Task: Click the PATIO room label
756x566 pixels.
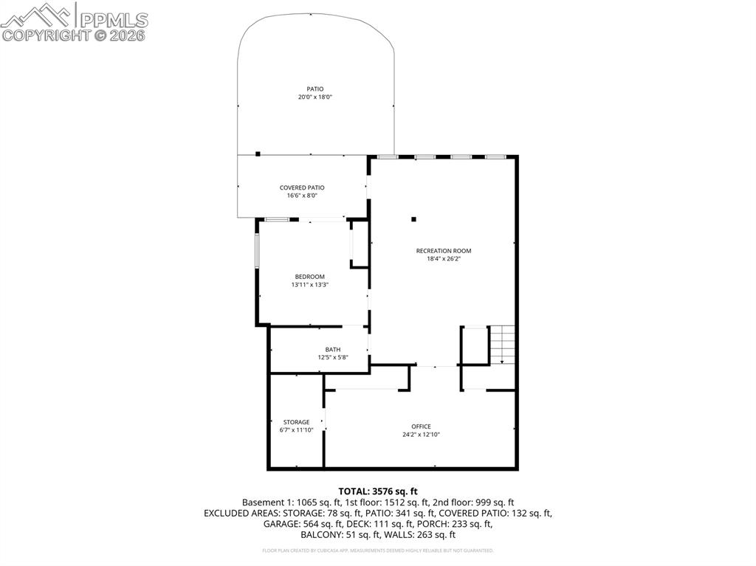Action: coord(315,89)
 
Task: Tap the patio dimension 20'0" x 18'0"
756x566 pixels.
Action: coord(315,97)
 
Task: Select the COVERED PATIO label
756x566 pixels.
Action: coord(302,187)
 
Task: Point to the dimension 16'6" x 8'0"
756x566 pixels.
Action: coord(302,196)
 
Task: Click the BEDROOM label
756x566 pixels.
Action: coord(310,277)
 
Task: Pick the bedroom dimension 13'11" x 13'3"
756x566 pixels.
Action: coord(310,285)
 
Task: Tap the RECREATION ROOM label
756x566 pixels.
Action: coord(443,251)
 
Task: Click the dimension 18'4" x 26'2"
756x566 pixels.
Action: coord(443,259)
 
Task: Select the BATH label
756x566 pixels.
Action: coord(333,350)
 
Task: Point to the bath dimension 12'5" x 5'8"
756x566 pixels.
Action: coord(333,358)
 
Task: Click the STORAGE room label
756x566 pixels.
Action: coord(296,422)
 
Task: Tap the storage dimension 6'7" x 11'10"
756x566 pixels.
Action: coord(296,430)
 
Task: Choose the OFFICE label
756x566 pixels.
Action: coord(421,427)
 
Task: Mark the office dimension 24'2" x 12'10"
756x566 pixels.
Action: coord(421,435)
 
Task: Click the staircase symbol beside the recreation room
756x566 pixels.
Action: coord(502,344)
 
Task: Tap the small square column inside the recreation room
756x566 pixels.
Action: coord(413,218)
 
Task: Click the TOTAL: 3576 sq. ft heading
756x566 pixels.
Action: coord(378,491)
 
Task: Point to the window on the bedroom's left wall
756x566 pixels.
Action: coord(257,252)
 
